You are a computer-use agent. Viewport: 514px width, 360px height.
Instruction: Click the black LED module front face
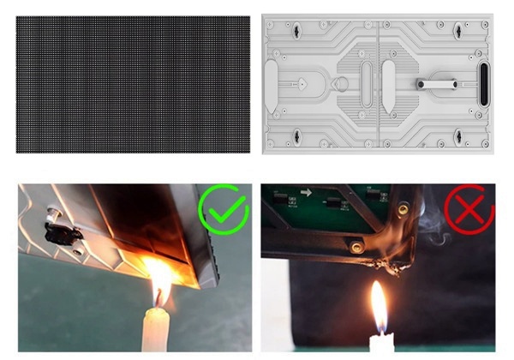(133, 84)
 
